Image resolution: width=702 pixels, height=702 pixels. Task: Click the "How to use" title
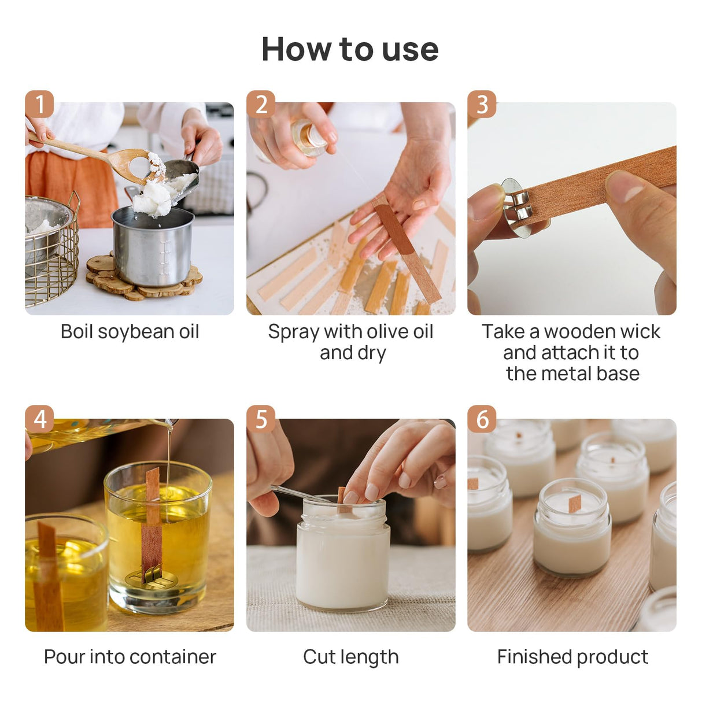[x=350, y=49]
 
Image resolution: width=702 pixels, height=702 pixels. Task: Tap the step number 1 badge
[x=39, y=104]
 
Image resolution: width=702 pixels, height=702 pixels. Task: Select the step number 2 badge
[x=261, y=104]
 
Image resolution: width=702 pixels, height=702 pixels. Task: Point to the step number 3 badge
[x=482, y=104]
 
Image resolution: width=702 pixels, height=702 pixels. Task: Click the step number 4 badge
[x=39, y=419]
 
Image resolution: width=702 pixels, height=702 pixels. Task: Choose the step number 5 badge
[x=261, y=419]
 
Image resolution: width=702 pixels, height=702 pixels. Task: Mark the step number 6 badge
[x=482, y=419]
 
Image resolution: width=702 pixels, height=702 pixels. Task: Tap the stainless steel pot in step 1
[x=153, y=246]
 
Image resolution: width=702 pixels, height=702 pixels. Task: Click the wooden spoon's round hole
[x=139, y=166]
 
